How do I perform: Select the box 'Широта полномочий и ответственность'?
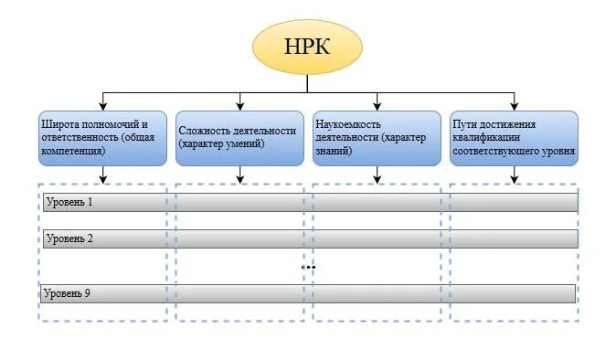(x=102, y=138)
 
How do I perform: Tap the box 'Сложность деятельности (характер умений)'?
(x=239, y=138)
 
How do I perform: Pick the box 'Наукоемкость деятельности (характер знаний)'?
(x=377, y=138)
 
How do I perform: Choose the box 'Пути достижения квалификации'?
(x=514, y=138)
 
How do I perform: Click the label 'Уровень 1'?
(x=69, y=202)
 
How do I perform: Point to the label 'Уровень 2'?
(x=69, y=238)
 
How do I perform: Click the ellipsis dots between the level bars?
(x=308, y=267)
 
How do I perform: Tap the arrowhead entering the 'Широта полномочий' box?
(x=102, y=106)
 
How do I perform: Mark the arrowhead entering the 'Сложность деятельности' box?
(x=239, y=106)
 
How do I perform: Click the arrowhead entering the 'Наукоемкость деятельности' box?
(x=377, y=106)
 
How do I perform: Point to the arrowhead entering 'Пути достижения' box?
(x=514, y=106)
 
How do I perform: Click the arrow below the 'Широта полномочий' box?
(x=102, y=175)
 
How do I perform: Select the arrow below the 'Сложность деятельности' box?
(x=239, y=175)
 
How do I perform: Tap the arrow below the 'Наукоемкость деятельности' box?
(x=377, y=175)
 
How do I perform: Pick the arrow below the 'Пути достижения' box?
(x=514, y=175)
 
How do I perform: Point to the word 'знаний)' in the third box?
(x=334, y=152)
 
